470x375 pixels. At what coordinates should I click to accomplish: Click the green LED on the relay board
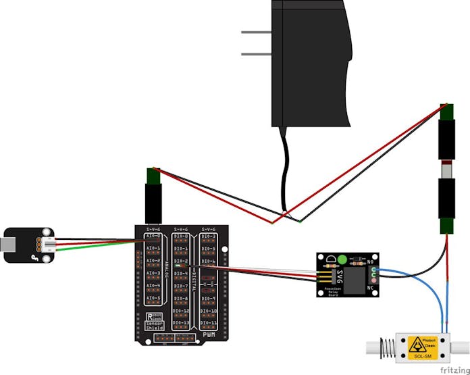[342, 259]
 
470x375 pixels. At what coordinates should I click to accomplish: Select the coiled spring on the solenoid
[386, 349]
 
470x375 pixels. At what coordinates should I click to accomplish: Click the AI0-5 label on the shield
[153, 298]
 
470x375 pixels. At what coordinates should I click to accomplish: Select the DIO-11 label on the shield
[209, 324]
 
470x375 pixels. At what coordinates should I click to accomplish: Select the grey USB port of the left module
[7, 245]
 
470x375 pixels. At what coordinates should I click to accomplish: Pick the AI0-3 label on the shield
[153, 273]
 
